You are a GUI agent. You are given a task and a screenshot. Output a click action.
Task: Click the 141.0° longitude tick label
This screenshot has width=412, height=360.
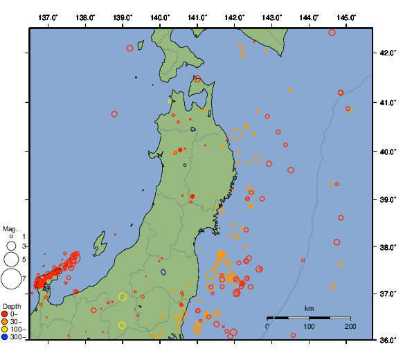tap(197, 17)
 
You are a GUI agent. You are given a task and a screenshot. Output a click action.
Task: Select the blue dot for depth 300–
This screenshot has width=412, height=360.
tap(6, 338)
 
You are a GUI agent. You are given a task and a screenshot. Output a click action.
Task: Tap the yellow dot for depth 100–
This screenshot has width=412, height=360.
tap(6, 330)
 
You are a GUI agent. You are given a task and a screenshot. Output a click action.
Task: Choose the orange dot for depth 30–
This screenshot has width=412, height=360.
tap(6, 323)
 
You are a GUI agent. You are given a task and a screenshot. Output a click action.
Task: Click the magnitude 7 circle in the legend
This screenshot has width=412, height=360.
tap(11, 279)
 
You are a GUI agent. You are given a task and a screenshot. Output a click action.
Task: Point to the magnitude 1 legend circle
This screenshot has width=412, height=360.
tap(11, 237)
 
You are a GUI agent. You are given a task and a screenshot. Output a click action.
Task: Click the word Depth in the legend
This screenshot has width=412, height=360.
tap(12, 306)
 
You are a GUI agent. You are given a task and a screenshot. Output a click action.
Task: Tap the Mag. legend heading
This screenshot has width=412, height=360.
tap(10, 228)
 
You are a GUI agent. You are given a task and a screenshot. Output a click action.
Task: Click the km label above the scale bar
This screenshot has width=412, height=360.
tap(310, 309)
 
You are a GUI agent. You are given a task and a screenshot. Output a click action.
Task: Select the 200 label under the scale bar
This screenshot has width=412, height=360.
tap(350, 326)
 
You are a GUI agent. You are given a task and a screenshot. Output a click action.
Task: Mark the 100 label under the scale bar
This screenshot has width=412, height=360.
tap(309, 326)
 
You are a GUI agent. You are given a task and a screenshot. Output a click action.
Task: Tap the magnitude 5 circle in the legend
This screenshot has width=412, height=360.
tap(11, 260)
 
